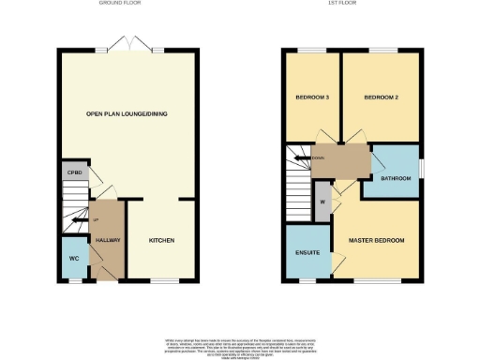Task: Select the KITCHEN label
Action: [161, 241]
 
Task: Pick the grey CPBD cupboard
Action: [73, 172]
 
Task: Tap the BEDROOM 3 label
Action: [311, 97]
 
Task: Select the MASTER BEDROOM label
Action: [377, 241]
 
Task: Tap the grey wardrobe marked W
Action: [322, 201]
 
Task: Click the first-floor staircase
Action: [298, 183]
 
